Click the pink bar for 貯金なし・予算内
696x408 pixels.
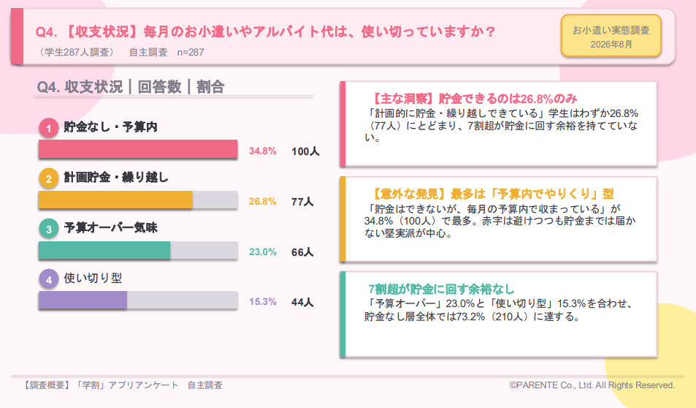point(138,149)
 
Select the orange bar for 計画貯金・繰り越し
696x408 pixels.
point(115,200)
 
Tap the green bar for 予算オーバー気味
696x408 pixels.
point(104,250)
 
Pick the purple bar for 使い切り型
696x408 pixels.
point(83,300)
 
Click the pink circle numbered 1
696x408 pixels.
point(49,129)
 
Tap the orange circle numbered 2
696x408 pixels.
point(49,178)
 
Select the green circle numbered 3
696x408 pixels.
point(49,229)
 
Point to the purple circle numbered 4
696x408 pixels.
point(49,279)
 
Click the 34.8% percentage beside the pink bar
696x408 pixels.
point(262,151)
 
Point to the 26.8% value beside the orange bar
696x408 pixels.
point(262,201)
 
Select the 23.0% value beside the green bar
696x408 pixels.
point(262,252)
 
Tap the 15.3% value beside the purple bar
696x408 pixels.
point(262,302)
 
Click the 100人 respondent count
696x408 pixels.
point(305,151)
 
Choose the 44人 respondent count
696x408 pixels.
point(302,302)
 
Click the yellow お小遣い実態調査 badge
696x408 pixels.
point(611,36)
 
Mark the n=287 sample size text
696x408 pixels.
point(191,53)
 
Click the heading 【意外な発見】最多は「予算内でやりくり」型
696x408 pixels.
point(492,194)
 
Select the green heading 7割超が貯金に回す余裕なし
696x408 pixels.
point(441,290)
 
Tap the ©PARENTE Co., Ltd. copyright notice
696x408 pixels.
point(592,385)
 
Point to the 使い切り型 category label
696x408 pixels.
point(93,279)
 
